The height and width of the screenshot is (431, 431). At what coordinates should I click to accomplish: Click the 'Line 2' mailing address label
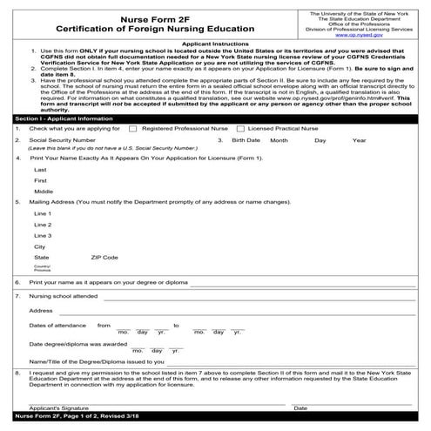click(43, 224)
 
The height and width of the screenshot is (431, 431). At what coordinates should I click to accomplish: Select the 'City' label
click(40, 246)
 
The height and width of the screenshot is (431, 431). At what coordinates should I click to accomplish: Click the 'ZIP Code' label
click(104, 258)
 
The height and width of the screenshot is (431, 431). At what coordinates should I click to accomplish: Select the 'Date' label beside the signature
click(300, 407)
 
